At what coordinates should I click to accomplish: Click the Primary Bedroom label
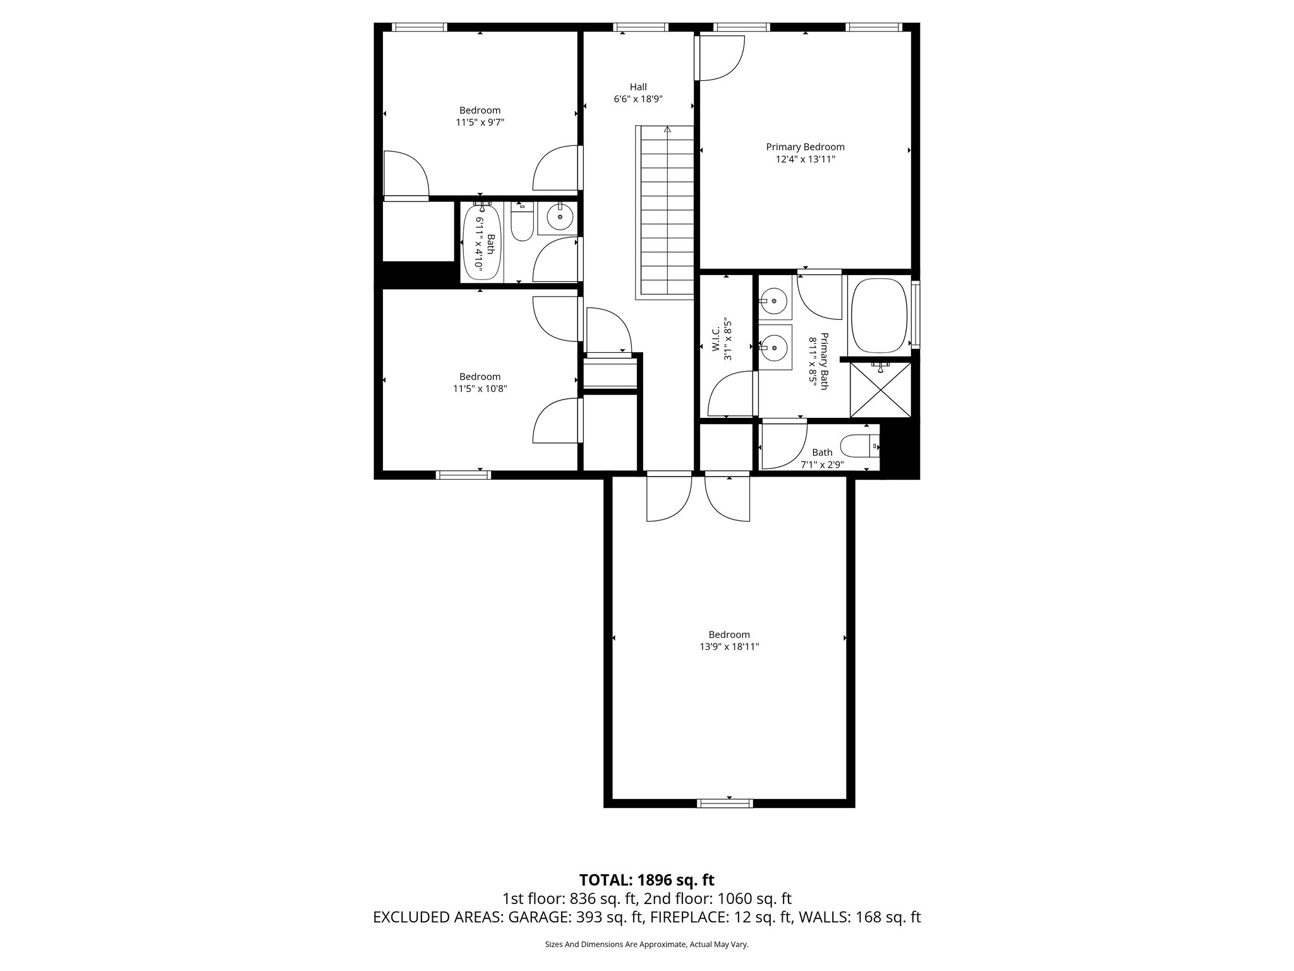[x=805, y=147]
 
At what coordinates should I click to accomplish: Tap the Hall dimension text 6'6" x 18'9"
[x=638, y=99]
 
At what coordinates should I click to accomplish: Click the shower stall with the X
[x=881, y=389]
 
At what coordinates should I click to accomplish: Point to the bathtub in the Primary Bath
[x=879, y=315]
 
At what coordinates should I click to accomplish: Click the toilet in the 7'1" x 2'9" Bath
[x=861, y=446]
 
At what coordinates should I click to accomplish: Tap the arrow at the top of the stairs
[x=667, y=130]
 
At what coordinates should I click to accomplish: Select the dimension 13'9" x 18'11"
[x=729, y=647]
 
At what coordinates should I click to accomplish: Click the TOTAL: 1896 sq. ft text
[x=646, y=880]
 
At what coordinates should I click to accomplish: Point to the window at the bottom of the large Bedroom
[x=725, y=803]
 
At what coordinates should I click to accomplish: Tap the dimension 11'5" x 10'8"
[x=480, y=389]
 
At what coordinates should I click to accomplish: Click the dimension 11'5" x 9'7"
[x=480, y=123]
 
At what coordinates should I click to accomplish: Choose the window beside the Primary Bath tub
[x=915, y=315]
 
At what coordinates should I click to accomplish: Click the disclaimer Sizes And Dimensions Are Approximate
[x=646, y=944]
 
